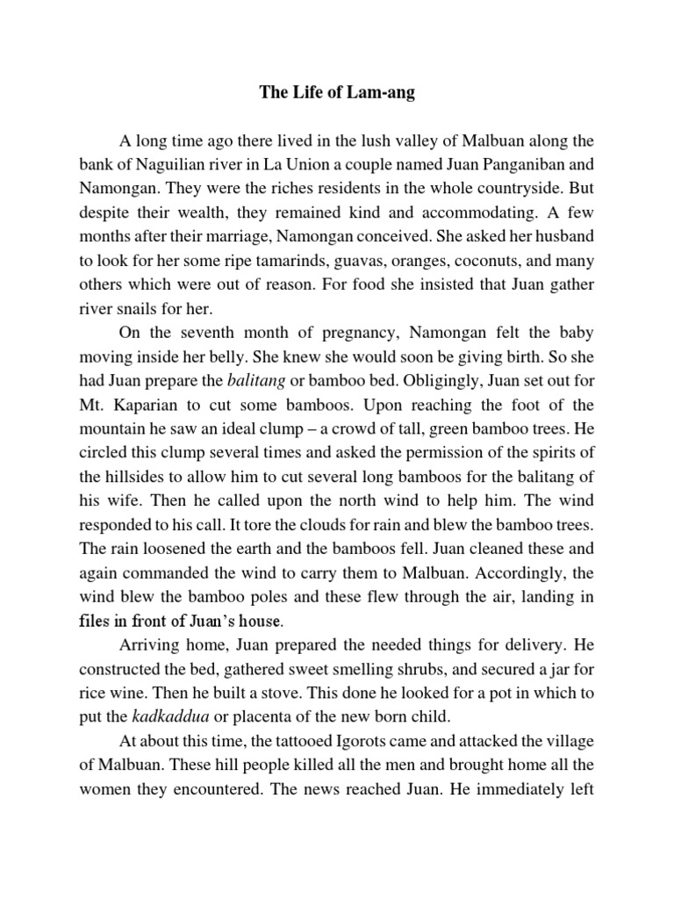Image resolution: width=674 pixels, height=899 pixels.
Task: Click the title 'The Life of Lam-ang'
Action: pyautogui.click(x=337, y=94)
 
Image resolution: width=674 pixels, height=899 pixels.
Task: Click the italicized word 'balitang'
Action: pyautogui.click(x=256, y=384)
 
